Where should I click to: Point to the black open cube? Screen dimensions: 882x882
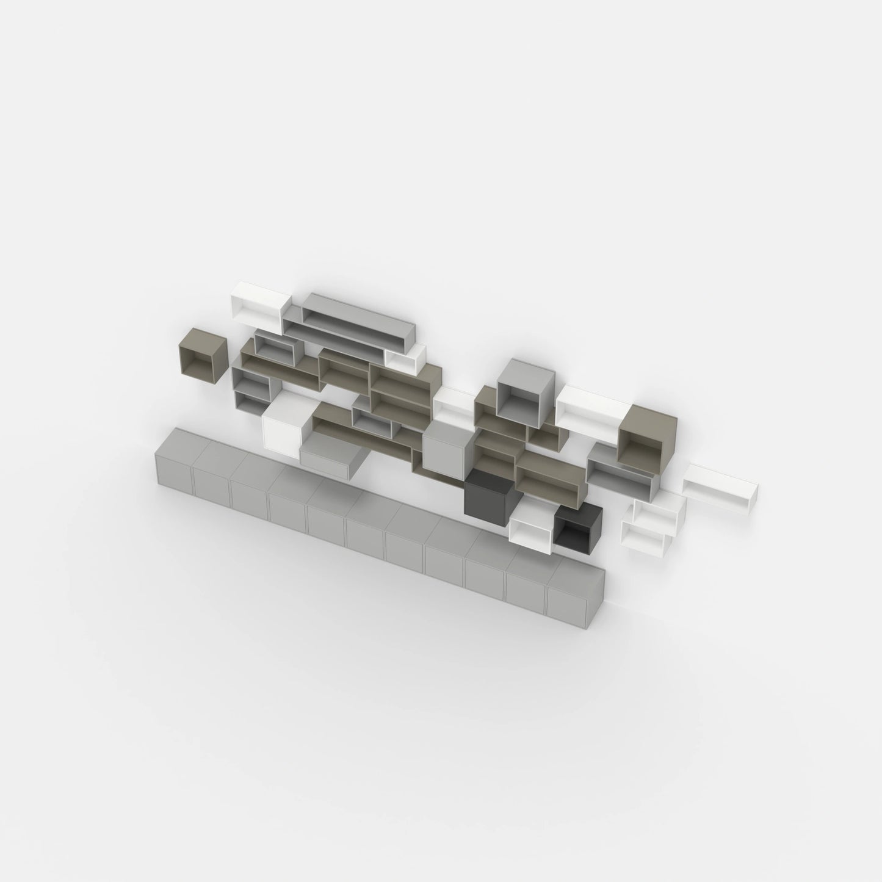[577, 525]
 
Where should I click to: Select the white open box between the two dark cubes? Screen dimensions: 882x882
[531, 525]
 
